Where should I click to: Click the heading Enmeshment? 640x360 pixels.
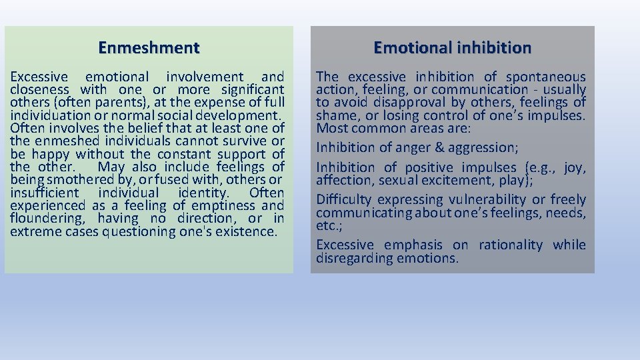click(149, 48)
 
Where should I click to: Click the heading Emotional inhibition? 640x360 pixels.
click(452, 48)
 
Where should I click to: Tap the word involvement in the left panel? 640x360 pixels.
click(205, 77)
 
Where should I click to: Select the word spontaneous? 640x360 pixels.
click(546, 77)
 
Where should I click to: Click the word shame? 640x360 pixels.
click(336, 115)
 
